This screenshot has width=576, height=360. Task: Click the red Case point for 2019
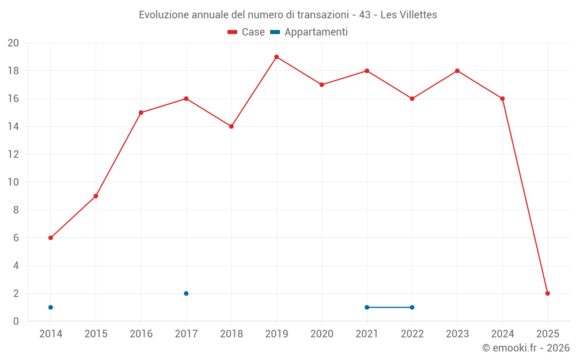point(276,57)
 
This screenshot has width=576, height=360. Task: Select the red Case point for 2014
point(51,238)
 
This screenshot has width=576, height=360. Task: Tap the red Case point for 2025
point(548,293)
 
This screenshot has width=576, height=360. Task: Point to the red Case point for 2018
point(232,126)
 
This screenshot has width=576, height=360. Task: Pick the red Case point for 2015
point(96,196)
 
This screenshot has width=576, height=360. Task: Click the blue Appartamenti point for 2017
point(186,293)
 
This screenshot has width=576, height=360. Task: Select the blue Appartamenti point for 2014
point(51,307)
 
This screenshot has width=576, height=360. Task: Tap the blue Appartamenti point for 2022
point(412,307)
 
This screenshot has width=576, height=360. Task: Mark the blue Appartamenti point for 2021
point(367,307)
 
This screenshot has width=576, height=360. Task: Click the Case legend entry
point(247,32)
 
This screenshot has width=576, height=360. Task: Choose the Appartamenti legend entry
point(309,32)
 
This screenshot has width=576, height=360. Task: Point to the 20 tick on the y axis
point(13,43)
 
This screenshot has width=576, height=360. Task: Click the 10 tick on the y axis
point(13,182)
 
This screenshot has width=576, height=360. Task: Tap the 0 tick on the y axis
point(16,321)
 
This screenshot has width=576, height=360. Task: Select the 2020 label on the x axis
point(322,334)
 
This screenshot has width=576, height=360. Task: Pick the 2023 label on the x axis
point(457,334)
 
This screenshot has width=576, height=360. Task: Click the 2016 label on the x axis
point(141,334)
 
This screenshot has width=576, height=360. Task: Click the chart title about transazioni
point(288,15)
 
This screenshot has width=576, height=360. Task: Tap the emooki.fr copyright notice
point(526,348)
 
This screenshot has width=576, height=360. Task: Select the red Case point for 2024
point(502,98)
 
